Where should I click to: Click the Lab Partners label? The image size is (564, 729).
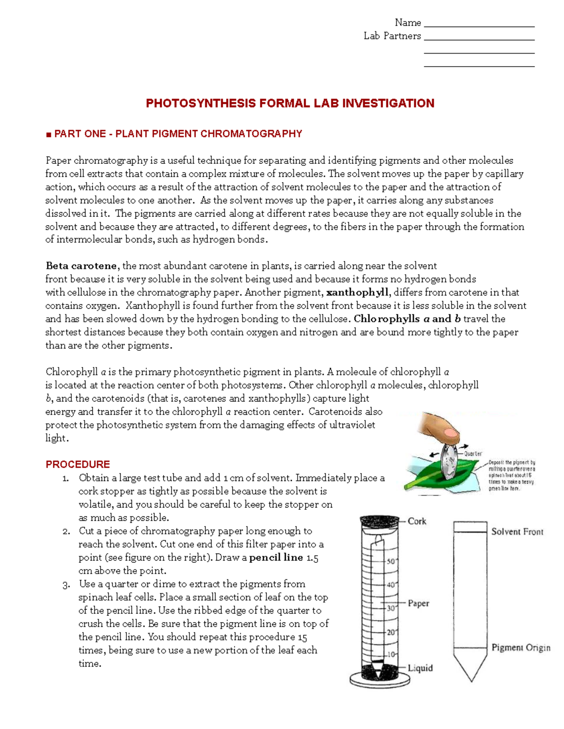tap(392, 36)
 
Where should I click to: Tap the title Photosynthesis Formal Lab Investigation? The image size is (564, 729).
tap(290, 104)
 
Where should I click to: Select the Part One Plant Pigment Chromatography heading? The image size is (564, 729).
tap(178, 134)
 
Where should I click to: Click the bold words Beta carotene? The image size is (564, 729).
tap(81, 266)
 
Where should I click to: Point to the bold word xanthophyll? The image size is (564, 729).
tap(357, 292)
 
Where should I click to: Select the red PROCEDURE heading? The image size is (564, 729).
tap(78, 464)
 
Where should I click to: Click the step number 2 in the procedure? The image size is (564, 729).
tap(66, 532)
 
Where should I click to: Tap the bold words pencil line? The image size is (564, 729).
tap(276, 558)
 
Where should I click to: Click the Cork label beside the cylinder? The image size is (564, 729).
tap(416, 521)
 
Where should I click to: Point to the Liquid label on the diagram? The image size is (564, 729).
tap(420, 668)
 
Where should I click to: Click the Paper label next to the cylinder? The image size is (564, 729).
tap(418, 603)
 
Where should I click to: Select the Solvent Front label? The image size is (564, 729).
tap(517, 532)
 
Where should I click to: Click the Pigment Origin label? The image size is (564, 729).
tap(520, 648)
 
